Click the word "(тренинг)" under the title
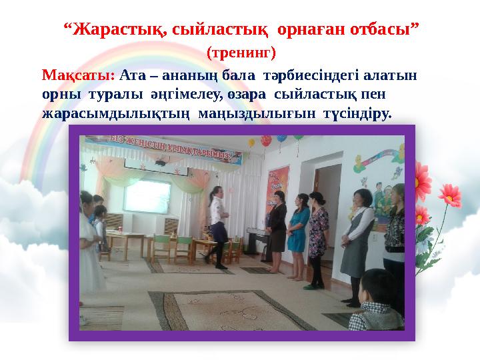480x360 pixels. point(241,51)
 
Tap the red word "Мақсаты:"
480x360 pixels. point(78,75)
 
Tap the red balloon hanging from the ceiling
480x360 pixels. point(266,141)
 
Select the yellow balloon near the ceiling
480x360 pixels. point(251,142)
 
